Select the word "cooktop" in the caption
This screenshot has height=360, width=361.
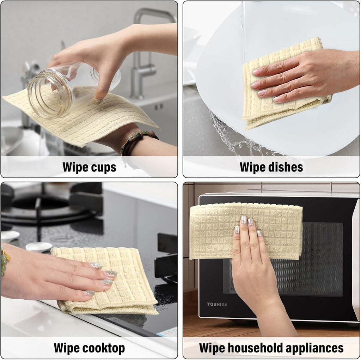coord(104,348)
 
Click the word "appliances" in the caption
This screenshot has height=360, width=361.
coord(314,348)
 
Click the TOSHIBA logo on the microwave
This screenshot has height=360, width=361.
coord(217,304)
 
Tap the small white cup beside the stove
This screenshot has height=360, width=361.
coord(39,247)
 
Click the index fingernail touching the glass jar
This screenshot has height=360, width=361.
coord(98,102)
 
